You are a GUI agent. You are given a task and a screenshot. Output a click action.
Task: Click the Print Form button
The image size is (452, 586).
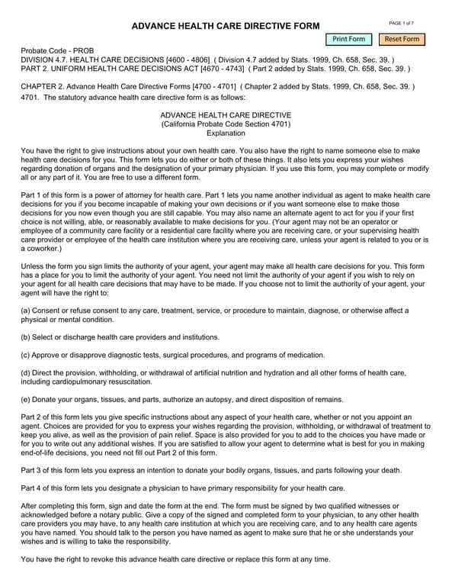[x=349, y=39]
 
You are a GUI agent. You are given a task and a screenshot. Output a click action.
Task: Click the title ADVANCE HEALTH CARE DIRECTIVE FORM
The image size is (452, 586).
[x=226, y=27]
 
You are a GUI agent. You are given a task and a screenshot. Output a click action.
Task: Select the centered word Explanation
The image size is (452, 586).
[x=226, y=133]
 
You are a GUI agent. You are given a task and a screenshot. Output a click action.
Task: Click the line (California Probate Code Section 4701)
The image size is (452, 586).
[x=226, y=124]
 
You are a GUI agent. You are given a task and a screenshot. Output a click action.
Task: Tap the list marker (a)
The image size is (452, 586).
[x=26, y=311]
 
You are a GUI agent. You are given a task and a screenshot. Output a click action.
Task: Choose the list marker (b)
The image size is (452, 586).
[x=26, y=336]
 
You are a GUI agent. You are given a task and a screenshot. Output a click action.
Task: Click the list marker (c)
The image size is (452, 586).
[x=26, y=355]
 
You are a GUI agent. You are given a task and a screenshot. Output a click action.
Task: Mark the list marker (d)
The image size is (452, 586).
[x=26, y=372]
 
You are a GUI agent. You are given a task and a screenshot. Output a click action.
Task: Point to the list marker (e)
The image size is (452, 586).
[x=26, y=399]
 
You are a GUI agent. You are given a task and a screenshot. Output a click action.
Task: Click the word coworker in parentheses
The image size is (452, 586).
[x=41, y=249]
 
